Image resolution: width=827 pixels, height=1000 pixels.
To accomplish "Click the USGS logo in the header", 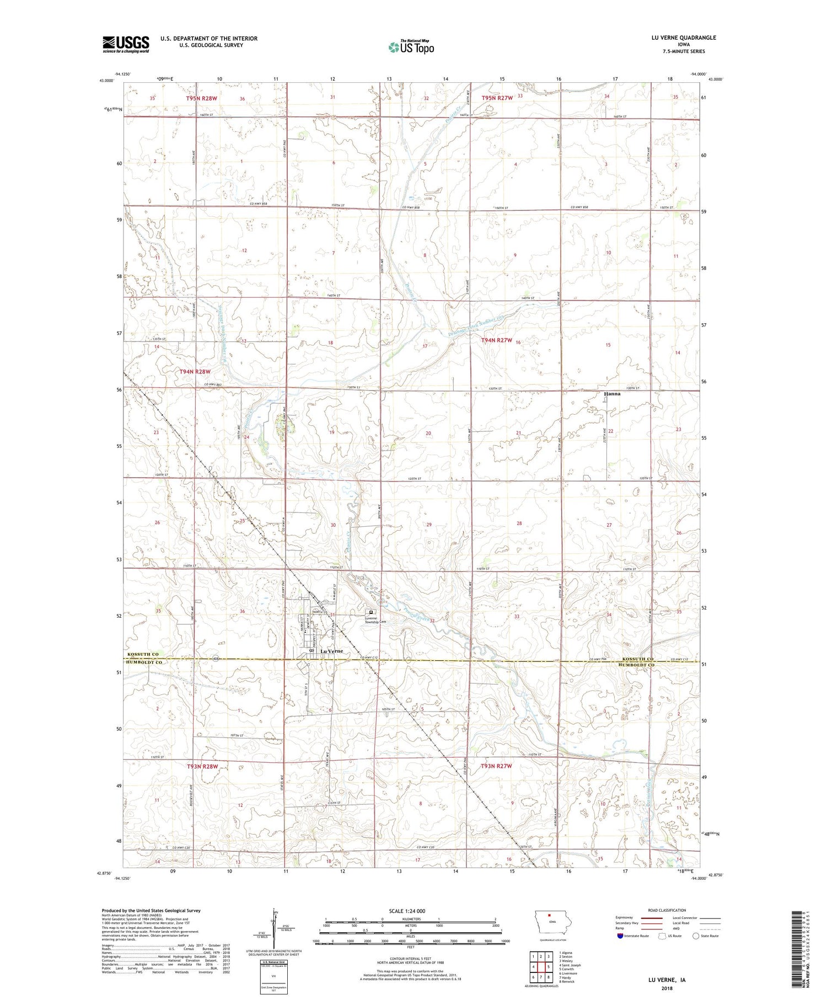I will [126, 44].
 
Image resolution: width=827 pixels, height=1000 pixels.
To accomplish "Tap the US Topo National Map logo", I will [411, 47].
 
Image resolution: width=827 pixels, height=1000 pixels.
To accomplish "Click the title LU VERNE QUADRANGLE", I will [683, 38].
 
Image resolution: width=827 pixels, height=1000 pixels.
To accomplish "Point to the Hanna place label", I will [611, 394].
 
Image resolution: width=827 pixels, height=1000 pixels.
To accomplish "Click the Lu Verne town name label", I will [331, 651].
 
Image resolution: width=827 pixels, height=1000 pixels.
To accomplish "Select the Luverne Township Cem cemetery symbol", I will [371, 612].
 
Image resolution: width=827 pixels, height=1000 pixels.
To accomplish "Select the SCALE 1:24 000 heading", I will [410, 911].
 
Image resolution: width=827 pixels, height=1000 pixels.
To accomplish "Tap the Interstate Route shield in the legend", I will [620, 936].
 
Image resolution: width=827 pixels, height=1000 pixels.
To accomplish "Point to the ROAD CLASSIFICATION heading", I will [667, 910].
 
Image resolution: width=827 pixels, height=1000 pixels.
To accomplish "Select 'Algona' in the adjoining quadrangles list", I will [566, 953].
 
